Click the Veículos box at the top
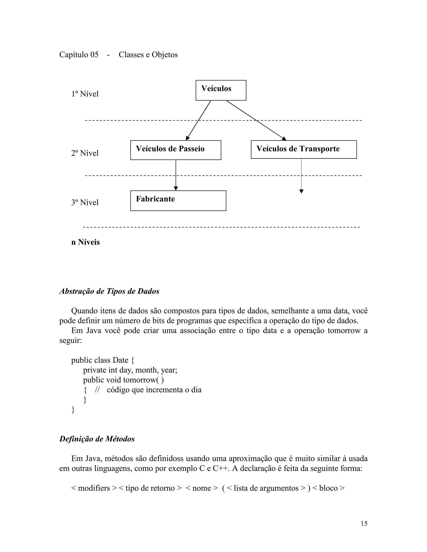[x=221, y=90]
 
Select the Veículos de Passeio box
[x=176, y=150]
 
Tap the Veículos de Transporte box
[x=304, y=149]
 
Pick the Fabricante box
[x=178, y=200]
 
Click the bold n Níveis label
[x=85, y=242]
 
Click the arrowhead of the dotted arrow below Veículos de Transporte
[x=301, y=191]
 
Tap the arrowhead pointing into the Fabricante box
[x=176, y=188]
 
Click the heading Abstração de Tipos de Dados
[x=109, y=291]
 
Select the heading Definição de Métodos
[x=97, y=439]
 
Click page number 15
[x=364, y=523]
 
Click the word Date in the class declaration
[x=121, y=360]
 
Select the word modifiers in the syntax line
[x=94, y=488]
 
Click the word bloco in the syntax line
[x=328, y=488]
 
